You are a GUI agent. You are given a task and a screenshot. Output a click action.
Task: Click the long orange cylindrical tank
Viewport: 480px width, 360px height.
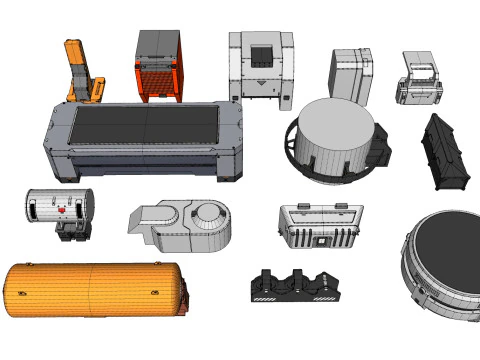(95, 289)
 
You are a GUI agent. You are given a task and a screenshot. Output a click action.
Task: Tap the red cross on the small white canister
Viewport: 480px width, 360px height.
(62, 211)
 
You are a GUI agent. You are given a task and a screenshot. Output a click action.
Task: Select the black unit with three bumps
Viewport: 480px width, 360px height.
(295, 287)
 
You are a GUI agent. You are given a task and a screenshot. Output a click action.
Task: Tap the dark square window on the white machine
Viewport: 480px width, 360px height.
(260, 56)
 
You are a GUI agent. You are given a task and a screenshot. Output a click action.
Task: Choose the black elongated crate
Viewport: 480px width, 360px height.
(445, 152)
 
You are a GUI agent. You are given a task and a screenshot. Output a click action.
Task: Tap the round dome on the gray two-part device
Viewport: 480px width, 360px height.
(210, 213)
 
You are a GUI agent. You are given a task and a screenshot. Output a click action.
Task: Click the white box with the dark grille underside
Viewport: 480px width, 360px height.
(320, 226)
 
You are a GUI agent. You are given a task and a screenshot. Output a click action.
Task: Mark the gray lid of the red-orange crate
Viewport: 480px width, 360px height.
(158, 42)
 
